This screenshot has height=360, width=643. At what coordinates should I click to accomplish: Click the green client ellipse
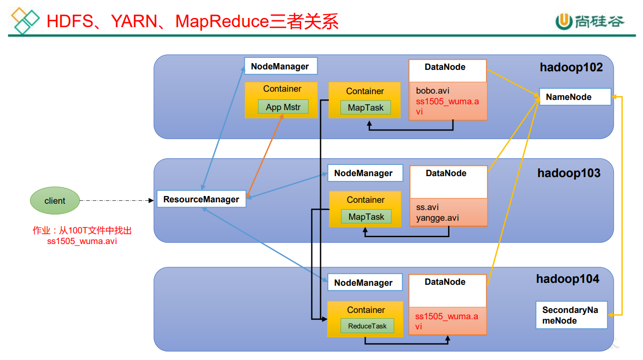pyautogui.click(x=54, y=200)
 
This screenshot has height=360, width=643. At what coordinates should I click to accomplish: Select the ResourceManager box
pyautogui.click(x=201, y=199)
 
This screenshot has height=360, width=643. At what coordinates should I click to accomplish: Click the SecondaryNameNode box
pyautogui.click(x=571, y=315)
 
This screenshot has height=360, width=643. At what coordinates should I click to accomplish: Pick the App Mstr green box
pyautogui.click(x=283, y=107)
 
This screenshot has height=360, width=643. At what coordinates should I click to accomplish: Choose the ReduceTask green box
pyautogui.click(x=367, y=326)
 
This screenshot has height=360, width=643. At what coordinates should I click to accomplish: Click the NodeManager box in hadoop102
pyautogui.click(x=280, y=66)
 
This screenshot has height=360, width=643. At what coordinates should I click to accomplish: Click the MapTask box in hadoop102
pyautogui.click(x=366, y=108)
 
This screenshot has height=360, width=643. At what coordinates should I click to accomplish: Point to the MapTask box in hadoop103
pyautogui.click(x=366, y=217)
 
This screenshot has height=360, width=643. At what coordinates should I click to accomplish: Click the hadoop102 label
pyautogui.click(x=571, y=67)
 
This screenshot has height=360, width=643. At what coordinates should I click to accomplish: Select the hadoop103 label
pyautogui.click(x=569, y=173)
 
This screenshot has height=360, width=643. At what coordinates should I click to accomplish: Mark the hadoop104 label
pyautogui.click(x=567, y=279)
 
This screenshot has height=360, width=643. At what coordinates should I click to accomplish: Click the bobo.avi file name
pyautogui.click(x=433, y=91)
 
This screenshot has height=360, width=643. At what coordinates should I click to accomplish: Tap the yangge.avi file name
pyautogui.click(x=437, y=218)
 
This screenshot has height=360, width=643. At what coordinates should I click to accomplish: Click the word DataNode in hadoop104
pyautogui.click(x=445, y=282)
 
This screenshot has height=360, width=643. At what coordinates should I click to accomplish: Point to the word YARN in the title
pyautogui.click(x=134, y=21)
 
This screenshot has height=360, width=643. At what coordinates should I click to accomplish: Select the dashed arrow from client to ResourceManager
pyautogui.click(x=116, y=200)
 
